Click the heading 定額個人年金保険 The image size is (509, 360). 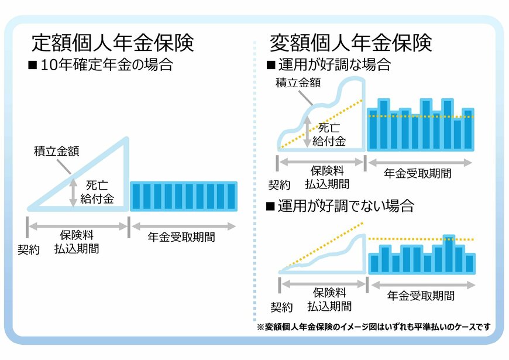click(x=112, y=42)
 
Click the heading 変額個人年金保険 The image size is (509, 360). click(x=350, y=42)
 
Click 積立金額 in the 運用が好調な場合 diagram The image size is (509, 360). click(x=298, y=83)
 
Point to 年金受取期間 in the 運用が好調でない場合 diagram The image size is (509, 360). click(x=421, y=296)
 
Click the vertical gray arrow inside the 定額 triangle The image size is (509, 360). click(x=73, y=193)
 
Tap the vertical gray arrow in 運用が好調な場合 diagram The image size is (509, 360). click(x=307, y=131)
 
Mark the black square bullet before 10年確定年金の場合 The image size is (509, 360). click(x=33, y=65)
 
